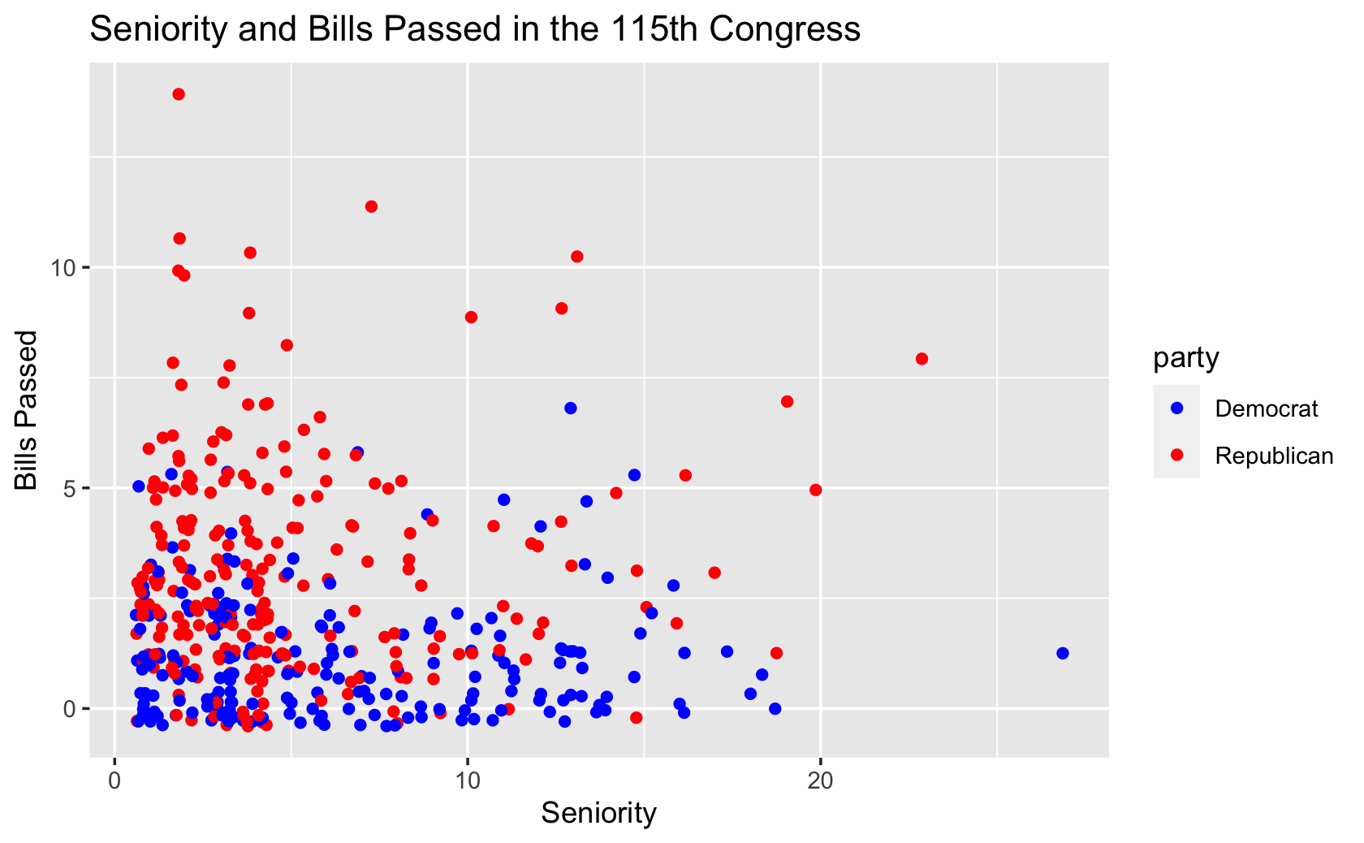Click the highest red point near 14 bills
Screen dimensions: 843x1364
pyautogui.click(x=179, y=94)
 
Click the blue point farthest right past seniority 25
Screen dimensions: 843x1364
pyautogui.click(x=1062, y=653)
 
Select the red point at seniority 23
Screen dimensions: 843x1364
pyautogui.click(x=922, y=359)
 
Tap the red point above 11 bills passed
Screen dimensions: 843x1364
pyautogui.click(x=371, y=206)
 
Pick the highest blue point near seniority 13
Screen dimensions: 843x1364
pyautogui.click(x=571, y=408)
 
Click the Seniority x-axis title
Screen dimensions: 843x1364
pyautogui.click(x=598, y=813)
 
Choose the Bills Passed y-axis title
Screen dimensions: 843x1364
pyautogui.click(x=27, y=410)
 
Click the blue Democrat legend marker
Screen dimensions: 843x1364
pyautogui.click(x=1176, y=408)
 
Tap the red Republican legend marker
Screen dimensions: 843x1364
pyautogui.click(x=1176, y=456)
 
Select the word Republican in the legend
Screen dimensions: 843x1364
pyautogui.click(x=1274, y=456)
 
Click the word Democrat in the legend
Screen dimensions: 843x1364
pyautogui.click(x=1267, y=409)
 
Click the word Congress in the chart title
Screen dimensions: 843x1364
pyautogui.click(x=784, y=29)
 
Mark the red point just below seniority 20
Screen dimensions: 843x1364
pyautogui.click(x=816, y=490)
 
